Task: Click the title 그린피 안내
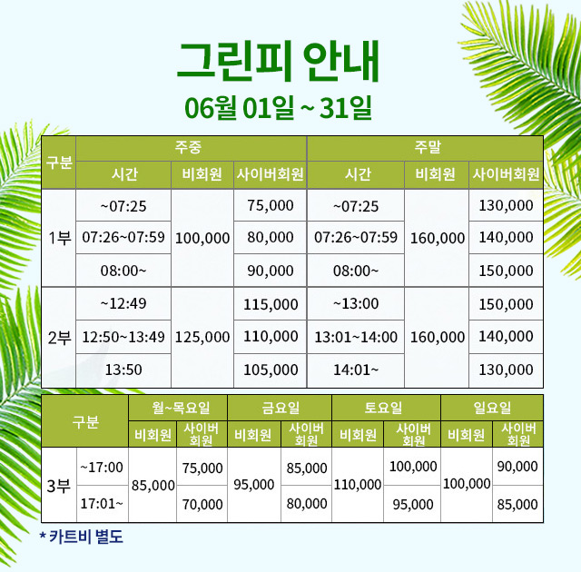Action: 279,62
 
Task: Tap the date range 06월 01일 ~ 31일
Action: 278,107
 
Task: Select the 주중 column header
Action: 188,147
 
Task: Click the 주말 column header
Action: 428,147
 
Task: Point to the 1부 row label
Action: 59,238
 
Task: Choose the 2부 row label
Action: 59,338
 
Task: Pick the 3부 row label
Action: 58,486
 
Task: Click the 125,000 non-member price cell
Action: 202,337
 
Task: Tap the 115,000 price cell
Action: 271,304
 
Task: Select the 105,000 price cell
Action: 271,370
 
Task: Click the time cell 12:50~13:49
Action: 123,337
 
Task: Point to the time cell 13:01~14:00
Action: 356,337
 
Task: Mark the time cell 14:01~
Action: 356,370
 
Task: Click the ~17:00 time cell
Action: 102,468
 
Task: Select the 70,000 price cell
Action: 202,504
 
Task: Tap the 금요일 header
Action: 281,408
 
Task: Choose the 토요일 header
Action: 383,408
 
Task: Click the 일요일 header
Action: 492,408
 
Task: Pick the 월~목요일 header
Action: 181,408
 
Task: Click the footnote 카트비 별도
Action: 86,537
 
